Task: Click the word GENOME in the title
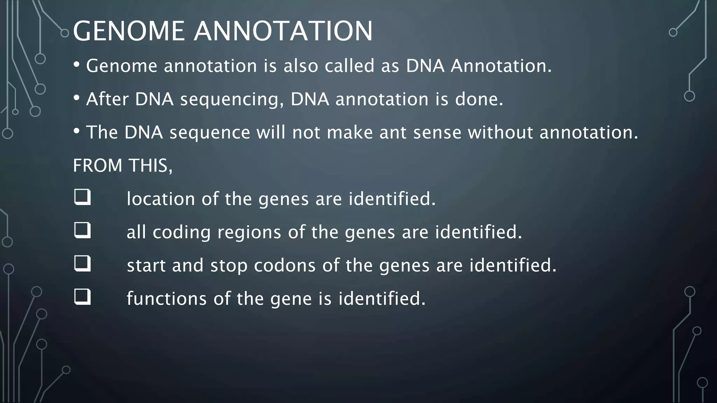coord(128,31)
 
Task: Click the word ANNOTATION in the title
coord(283,31)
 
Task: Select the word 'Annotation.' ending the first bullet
coord(501,66)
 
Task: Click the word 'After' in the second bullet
coord(107,99)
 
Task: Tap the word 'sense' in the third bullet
coord(437,133)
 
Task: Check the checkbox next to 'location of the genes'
coord(82,197)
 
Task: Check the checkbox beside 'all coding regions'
coord(82,231)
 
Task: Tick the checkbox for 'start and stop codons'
coord(82,264)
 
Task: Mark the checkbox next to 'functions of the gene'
coord(82,297)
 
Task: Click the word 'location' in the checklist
coord(160,199)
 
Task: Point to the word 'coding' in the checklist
coord(181,233)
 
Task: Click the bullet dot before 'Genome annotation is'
coord(77,65)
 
